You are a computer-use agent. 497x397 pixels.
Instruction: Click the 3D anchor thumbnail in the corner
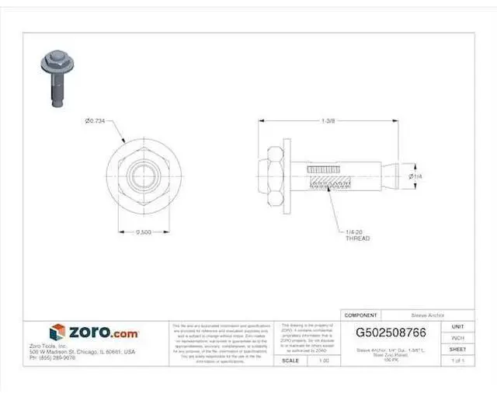[54, 78]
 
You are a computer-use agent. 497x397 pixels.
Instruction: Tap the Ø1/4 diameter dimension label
[415, 177]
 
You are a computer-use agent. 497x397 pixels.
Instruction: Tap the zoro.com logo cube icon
[58, 332]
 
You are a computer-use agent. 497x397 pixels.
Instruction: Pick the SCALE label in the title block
[291, 360]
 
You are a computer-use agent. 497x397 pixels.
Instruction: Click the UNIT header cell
[457, 327]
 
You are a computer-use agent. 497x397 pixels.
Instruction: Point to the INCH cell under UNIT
[457, 338]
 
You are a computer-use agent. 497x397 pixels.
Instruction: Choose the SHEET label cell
[457, 350]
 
